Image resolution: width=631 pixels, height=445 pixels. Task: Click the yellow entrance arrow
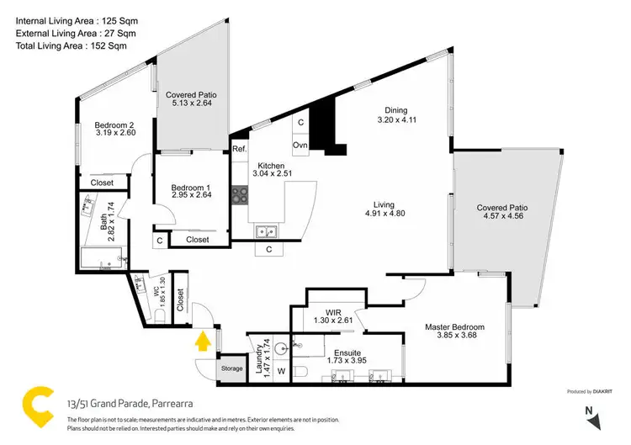coord(202,342)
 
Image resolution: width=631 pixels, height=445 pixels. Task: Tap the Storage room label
coord(231,368)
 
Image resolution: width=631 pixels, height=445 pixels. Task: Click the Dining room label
coord(395,110)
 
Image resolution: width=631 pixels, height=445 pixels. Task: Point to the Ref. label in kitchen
coord(239,148)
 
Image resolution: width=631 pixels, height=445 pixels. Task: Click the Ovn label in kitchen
coord(300,145)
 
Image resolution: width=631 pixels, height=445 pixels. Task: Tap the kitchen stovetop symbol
coord(241,195)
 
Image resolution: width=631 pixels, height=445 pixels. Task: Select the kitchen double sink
coord(267,230)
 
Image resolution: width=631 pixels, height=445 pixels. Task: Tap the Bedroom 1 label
coord(190,187)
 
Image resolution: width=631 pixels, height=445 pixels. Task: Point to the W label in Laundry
coord(282,370)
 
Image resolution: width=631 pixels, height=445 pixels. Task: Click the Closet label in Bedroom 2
coord(102,183)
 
